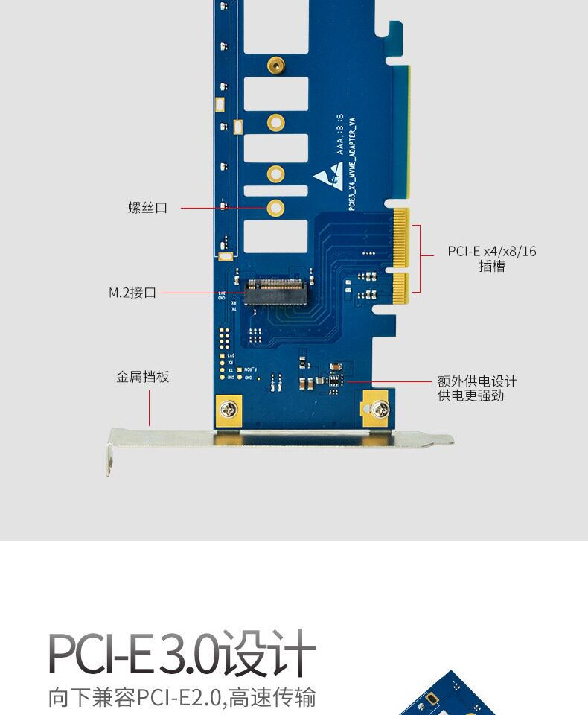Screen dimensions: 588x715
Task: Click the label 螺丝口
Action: pyautogui.click(x=147, y=208)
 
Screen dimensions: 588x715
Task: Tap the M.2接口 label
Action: pyautogui.click(x=132, y=293)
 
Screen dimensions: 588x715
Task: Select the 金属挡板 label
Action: pyautogui.click(x=142, y=377)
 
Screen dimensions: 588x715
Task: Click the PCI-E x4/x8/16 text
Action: pyautogui.click(x=491, y=251)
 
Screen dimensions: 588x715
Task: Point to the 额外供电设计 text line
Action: pyautogui.click(x=477, y=381)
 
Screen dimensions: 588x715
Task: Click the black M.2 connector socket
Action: pyautogui.click(x=275, y=292)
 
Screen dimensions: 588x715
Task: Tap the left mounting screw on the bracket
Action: pyautogui.click(x=228, y=409)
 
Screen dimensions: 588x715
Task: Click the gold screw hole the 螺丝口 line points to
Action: pyautogui.click(x=275, y=208)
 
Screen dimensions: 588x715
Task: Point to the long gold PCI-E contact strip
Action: pyautogui.click(x=402, y=238)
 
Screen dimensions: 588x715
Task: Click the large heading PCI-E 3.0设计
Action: pyautogui.click(x=182, y=654)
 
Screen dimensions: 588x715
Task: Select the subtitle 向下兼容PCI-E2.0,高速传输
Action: pyautogui.click(x=182, y=698)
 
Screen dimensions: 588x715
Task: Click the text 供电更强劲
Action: pyautogui.click(x=471, y=395)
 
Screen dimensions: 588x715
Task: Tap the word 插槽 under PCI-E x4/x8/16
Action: pyautogui.click(x=491, y=266)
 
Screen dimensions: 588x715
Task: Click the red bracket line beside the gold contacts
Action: pyautogui.click(x=421, y=257)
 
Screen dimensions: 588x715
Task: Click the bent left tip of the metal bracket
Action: pyautogui.click(x=109, y=458)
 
